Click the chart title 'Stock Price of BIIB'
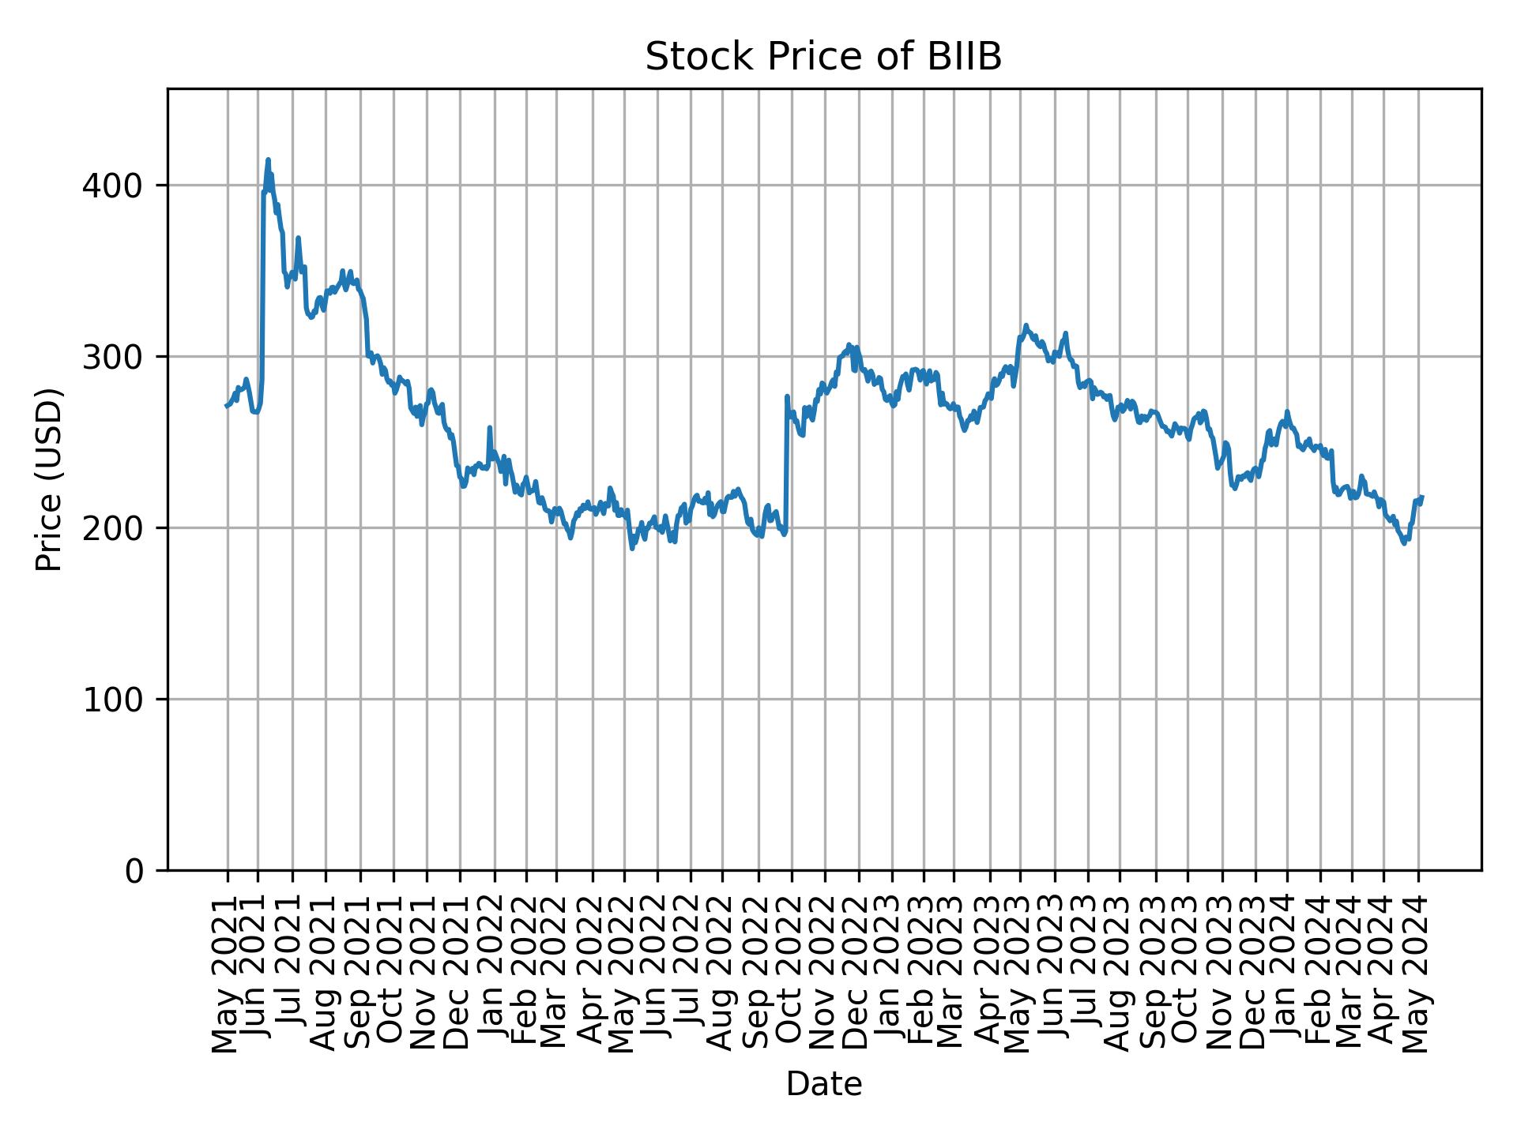click(x=823, y=58)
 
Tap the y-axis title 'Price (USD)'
click(x=49, y=479)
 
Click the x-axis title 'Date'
click(x=823, y=1084)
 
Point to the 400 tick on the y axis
click(x=119, y=186)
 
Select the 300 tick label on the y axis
click(x=119, y=357)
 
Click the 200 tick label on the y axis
click(x=119, y=528)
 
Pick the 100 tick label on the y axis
click(x=119, y=700)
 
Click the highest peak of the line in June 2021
click(x=268, y=159)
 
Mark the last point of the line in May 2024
click(x=1422, y=497)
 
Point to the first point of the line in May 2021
click(x=226, y=406)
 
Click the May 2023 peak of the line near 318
click(x=1026, y=325)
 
